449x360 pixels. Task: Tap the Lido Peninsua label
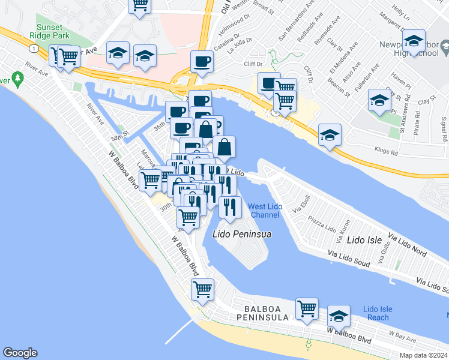pos(241,233)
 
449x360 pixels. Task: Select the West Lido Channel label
pos(265,211)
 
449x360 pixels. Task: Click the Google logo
pos(20,353)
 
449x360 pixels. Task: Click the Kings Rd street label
pos(385,152)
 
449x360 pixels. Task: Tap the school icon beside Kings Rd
pos(330,135)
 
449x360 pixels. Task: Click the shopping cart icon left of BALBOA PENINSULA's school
pos(307,308)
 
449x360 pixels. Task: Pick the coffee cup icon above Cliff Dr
pos(202,61)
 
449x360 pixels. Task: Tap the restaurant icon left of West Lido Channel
pos(230,206)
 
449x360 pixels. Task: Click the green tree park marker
pos(19,78)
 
